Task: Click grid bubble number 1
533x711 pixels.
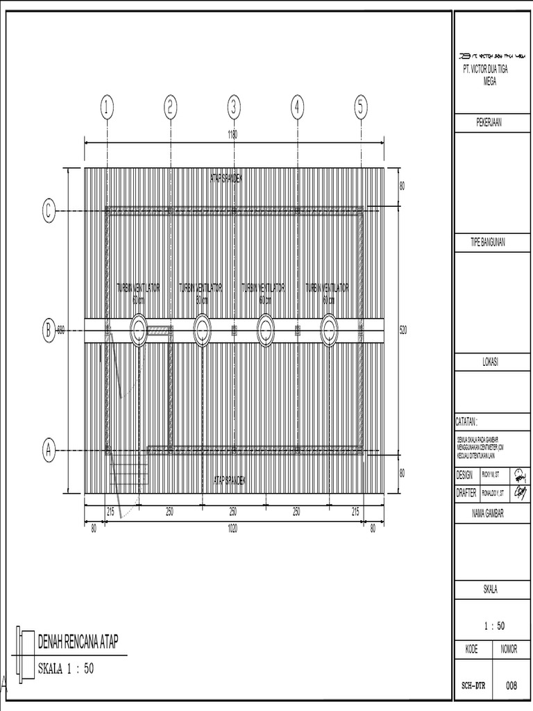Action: pyautogui.click(x=106, y=108)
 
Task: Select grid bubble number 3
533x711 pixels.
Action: pyautogui.click(x=234, y=108)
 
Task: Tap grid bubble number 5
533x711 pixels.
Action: pyautogui.click(x=361, y=108)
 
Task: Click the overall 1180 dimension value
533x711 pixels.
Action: pyautogui.click(x=233, y=136)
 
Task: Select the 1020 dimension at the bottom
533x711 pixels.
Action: pyautogui.click(x=233, y=528)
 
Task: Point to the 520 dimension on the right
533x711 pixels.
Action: pyautogui.click(x=404, y=331)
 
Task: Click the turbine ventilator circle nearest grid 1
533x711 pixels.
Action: pyautogui.click(x=138, y=331)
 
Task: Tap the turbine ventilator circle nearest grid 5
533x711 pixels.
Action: pyautogui.click(x=329, y=331)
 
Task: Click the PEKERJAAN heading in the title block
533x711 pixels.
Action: pyautogui.click(x=489, y=123)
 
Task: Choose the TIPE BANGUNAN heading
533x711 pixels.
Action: pyautogui.click(x=489, y=242)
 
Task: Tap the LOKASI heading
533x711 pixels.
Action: pyautogui.click(x=489, y=362)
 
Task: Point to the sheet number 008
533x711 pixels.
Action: pyautogui.click(x=511, y=686)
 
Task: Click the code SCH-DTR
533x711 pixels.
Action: pyautogui.click(x=473, y=686)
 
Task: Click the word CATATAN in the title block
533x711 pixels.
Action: pyautogui.click(x=467, y=421)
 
